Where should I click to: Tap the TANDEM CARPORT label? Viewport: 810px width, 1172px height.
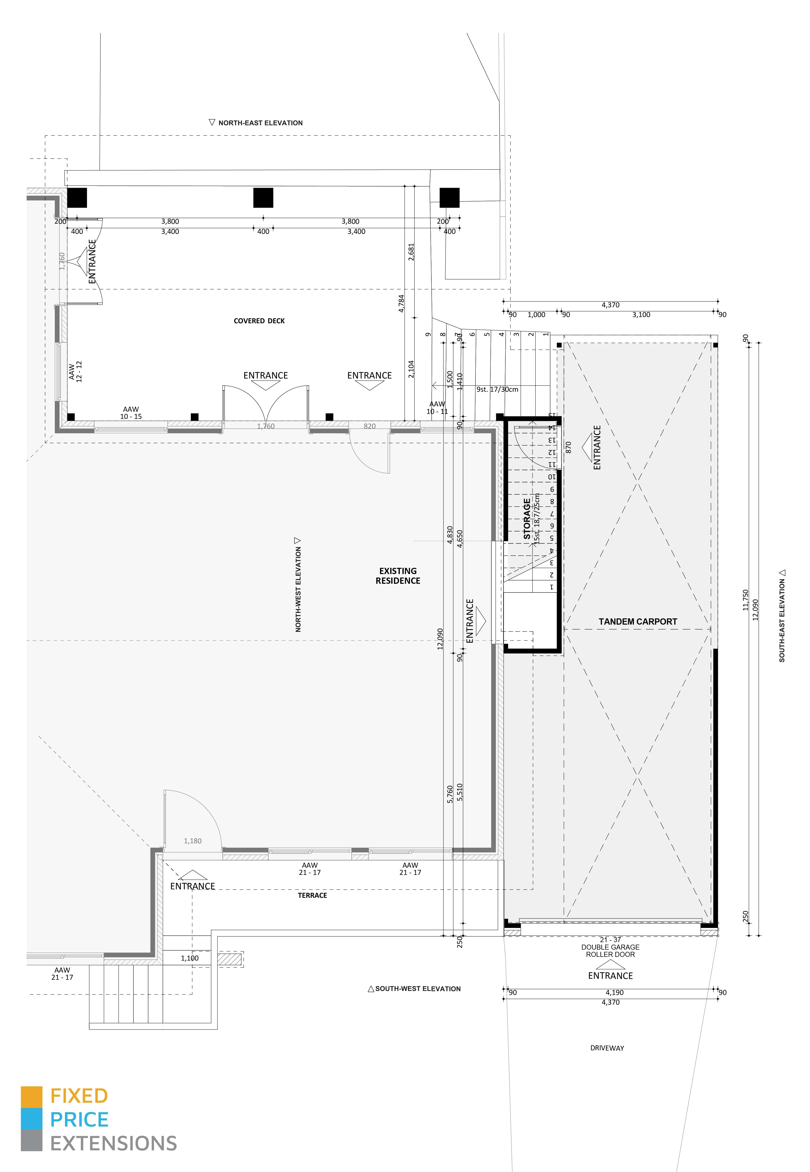coord(637,622)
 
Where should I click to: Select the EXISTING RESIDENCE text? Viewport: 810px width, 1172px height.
coord(398,576)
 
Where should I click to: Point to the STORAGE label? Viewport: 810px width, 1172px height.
coord(527,519)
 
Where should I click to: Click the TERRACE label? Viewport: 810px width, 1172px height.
coord(312,896)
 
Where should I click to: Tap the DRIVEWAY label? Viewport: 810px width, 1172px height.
coord(607,1048)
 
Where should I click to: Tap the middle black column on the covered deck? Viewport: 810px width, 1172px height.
coord(263,198)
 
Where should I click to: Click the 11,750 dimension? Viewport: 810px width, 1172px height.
coord(745,600)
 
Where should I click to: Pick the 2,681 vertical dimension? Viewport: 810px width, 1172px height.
coord(411,252)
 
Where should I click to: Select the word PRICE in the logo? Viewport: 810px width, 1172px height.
coord(79,1120)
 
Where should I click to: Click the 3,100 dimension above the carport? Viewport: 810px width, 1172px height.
coord(641,315)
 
